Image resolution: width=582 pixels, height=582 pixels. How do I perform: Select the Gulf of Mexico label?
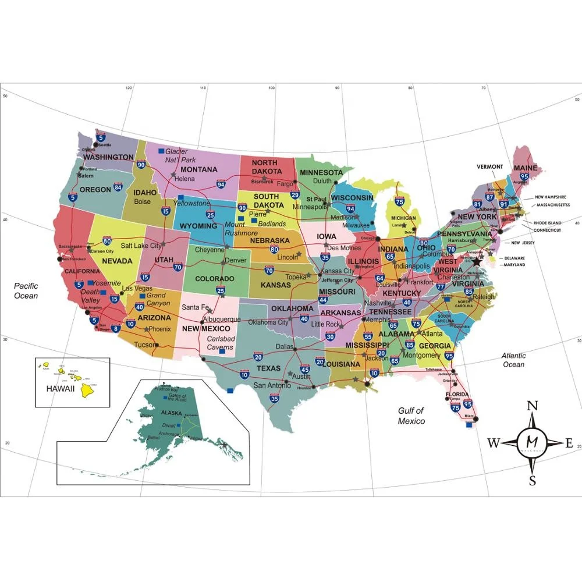[x=411, y=416]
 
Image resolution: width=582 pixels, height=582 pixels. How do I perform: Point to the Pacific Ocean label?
[x=26, y=290]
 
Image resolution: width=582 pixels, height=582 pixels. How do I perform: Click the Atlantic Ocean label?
[x=513, y=360]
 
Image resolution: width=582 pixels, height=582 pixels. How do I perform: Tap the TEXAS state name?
[x=269, y=368]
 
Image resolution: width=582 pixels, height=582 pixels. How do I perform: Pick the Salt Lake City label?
[x=141, y=246]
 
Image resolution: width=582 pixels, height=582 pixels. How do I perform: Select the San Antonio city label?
[x=271, y=385]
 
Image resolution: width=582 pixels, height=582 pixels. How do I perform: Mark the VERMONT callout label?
[x=489, y=166]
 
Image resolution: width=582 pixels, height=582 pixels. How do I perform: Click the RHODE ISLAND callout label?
[x=548, y=222]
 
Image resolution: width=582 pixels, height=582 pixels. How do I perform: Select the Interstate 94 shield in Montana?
[x=221, y=184]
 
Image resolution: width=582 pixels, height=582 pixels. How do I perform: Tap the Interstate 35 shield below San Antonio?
[x=275, y=399]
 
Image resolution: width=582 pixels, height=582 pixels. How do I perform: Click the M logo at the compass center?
[x=532, y=443]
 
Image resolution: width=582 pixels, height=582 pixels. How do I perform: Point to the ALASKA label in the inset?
[x=175, y=413]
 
